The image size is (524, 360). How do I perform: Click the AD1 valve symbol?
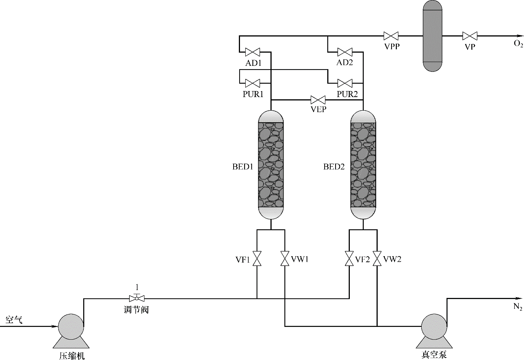252,52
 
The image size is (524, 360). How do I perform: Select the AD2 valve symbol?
345,52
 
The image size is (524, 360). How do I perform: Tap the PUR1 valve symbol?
252,83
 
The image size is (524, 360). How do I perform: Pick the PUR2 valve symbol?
345,83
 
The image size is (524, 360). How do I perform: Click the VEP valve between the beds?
318,100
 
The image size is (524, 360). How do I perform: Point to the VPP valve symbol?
391,36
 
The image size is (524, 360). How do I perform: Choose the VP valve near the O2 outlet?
470,36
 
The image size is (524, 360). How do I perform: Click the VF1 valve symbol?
257,258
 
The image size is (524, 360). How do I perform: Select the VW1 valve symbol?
285,258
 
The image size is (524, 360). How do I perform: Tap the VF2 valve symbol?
349,258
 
